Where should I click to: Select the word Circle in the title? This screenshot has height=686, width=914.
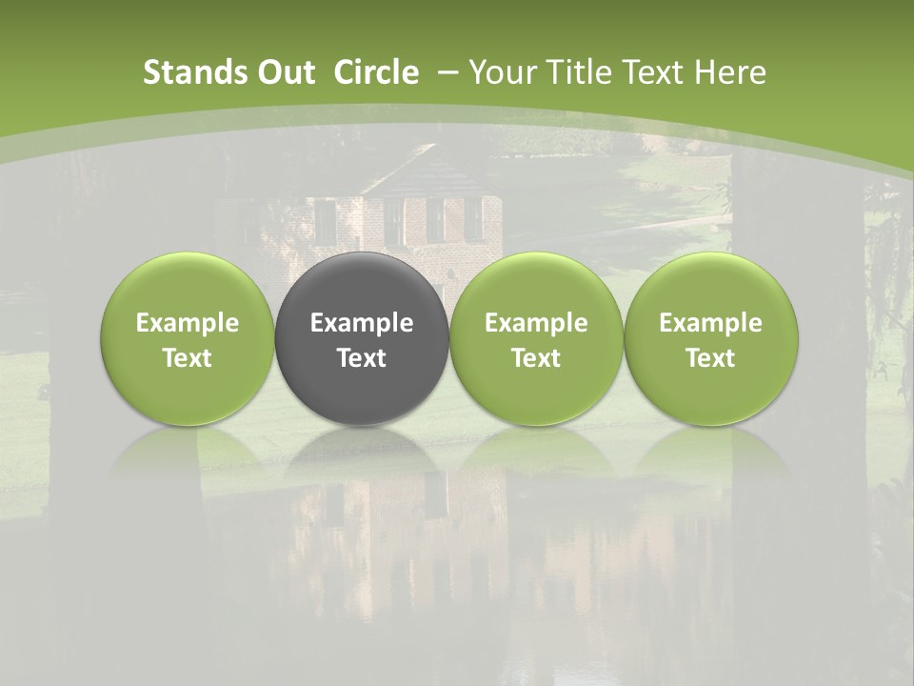[376, 72]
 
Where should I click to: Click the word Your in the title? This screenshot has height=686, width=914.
[502, 72]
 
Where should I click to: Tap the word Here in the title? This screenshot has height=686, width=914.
[731, 72]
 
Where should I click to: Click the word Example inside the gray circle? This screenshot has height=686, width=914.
[362, 323]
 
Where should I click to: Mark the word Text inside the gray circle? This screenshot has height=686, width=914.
[362, 358]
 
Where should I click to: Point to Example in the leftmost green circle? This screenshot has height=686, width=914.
[188, 323]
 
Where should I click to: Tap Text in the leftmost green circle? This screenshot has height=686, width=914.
[188, 358]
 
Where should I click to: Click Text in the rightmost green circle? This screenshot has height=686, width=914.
[711, 358]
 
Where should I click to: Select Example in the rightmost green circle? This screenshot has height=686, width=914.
[711, 323]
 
